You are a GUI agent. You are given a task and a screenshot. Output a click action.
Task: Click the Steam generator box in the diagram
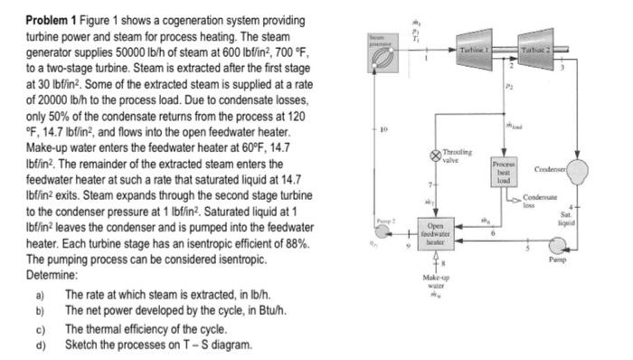373,51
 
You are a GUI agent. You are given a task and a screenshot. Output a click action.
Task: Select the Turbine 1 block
477,50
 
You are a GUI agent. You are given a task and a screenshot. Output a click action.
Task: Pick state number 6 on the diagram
491,233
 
